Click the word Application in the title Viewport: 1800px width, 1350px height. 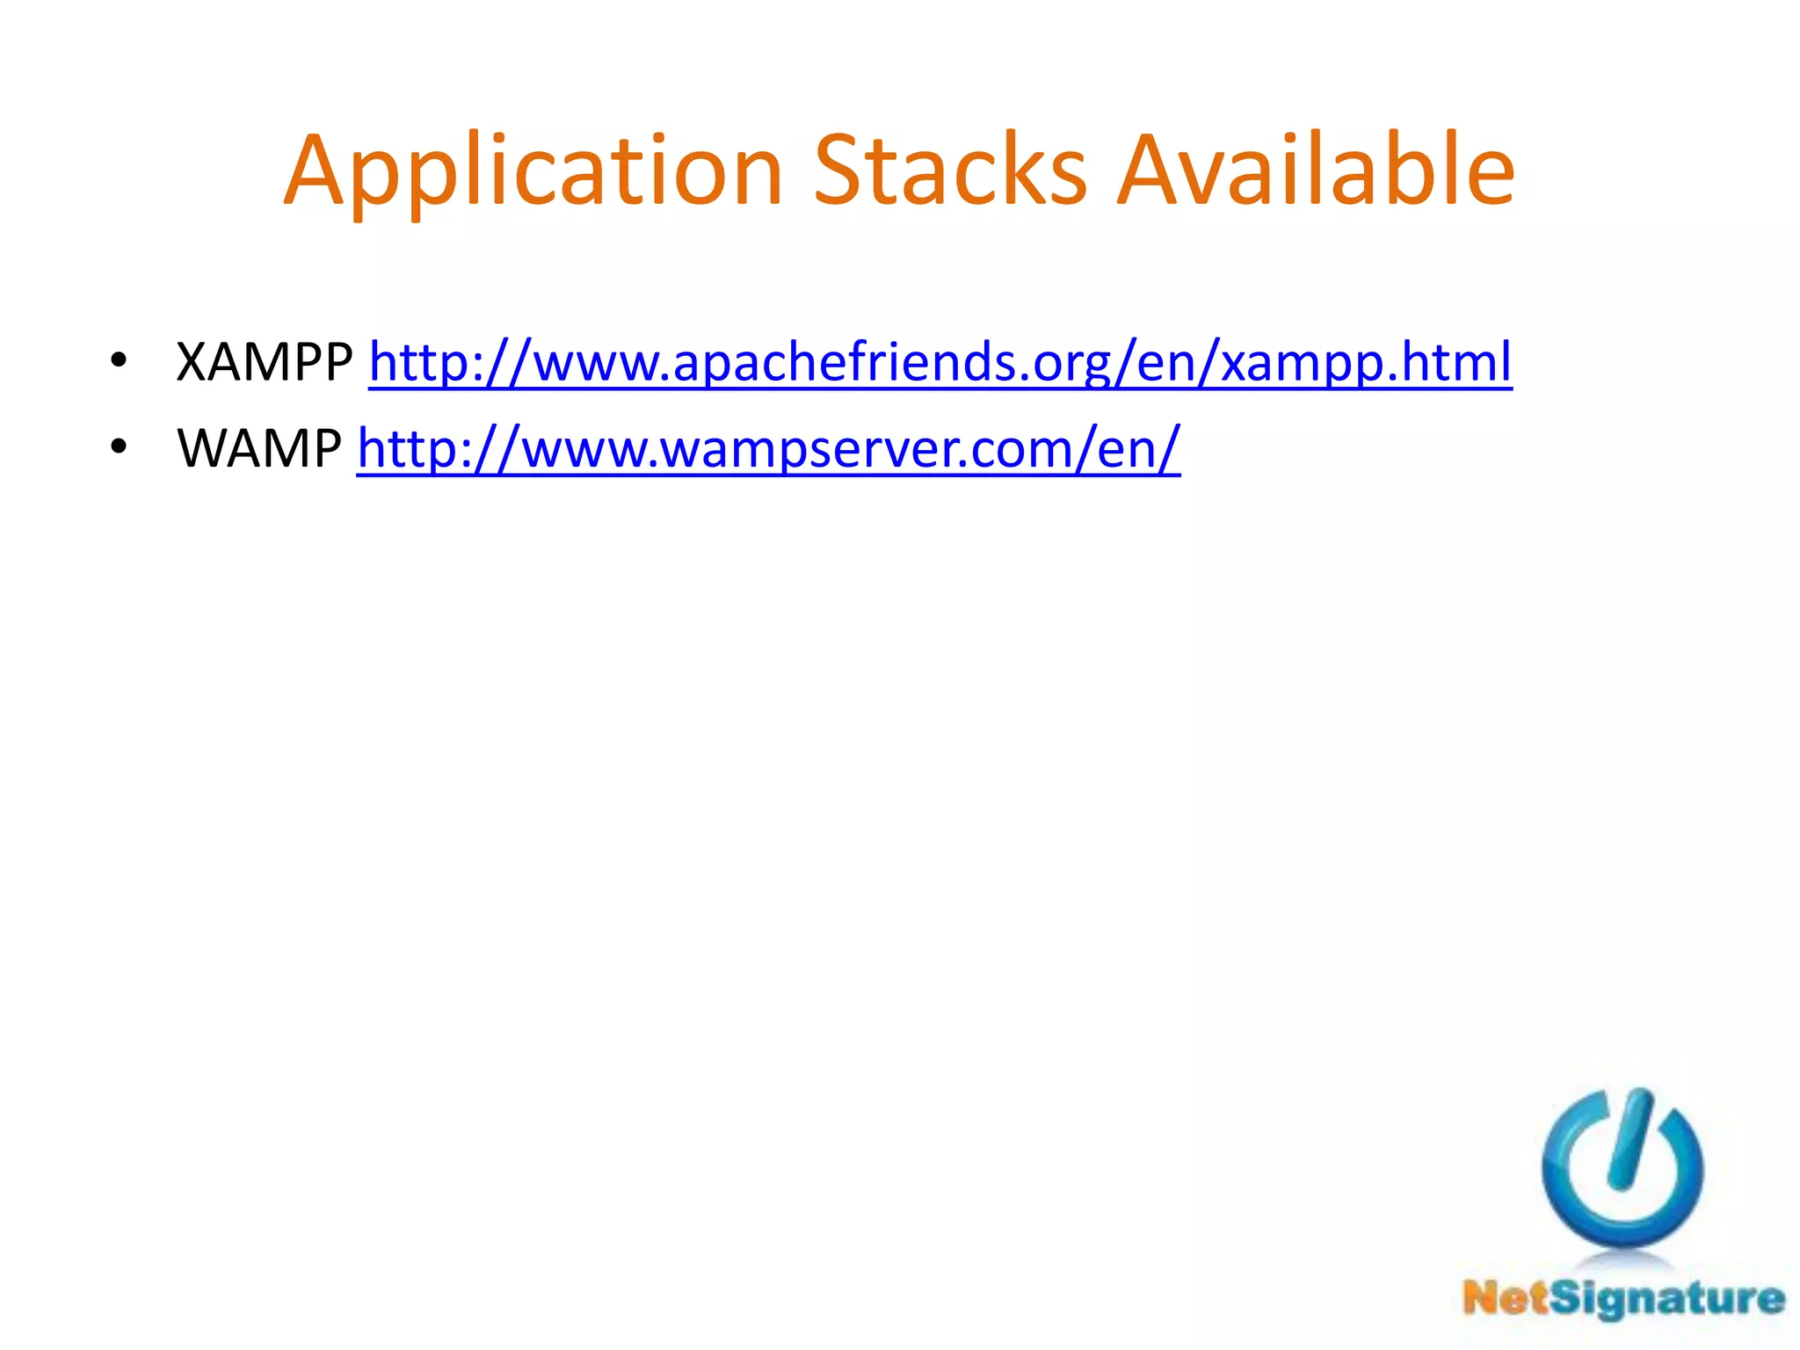click(532, 171)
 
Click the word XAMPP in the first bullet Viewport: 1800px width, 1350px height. click(264, 362)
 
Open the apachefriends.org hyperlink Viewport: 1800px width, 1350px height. click(940, 362)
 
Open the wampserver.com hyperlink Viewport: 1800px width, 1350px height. click(768, 448)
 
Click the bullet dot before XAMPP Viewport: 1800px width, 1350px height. click(119, 360)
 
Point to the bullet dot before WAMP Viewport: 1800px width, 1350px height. click(119, 446)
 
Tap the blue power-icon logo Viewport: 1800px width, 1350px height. click(1622, 1169)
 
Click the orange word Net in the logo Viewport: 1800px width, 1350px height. click(1505, 1298)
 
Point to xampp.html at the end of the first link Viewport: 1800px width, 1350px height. click(1366, 362)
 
